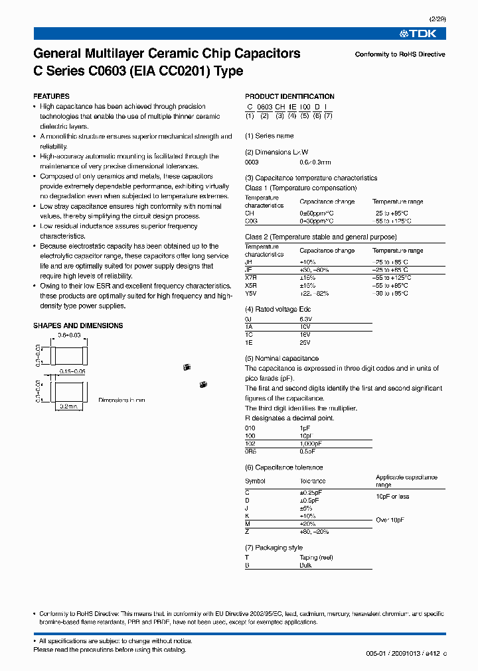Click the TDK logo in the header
pyautogui.click(x=423, y=34)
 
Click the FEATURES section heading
pyautogui.click(x=51, y=96)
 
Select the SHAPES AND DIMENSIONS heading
pyautogui.click(x=78, y=326)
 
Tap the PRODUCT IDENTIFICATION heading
pyautogui.click(x=289, y=96)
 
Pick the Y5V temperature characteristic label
pyautogui.click(x=251, y=293)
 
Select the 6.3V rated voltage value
pyautogui.click(x=306, y=318)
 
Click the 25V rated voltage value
pyautogui.click(x=305, y=343)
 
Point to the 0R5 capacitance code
pyautogui.click(x=251, y=452)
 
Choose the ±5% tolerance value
pyautogui.click(x=307, y=507)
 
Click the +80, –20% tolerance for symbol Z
pyautogui.click(x=314, y=532)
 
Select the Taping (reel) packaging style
pyautogui.click(x=315, y=558)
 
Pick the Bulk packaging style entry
pyautogui.click(x=305, y=566)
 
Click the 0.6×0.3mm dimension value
pyautogui.click(x=315, y=161)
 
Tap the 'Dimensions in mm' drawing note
pyautogui.click(x=121, y=400)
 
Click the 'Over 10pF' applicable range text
pyautogui.click(x=391, y=520)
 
